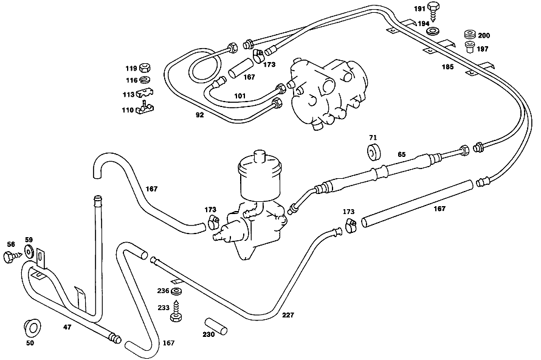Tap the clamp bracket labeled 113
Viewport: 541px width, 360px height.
(x=145, y=94)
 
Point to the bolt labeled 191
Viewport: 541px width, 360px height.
(x=433, y=10)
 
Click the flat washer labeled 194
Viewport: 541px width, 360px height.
(x=433, y=32)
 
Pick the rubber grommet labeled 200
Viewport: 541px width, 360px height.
(x=470, y=35)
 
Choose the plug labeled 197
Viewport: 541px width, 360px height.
(x=469, y=47)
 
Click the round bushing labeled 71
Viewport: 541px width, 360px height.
(x=373, y=153)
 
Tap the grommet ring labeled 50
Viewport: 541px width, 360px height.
(x=32, y=327)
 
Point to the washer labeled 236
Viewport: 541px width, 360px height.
(x=176, y=291)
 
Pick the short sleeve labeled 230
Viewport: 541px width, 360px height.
(x=216, y=326)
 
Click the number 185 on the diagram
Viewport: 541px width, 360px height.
(x=448, y=67)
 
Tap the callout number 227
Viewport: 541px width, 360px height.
(x=288, y=315)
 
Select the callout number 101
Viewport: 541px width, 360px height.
(x=239, y=95)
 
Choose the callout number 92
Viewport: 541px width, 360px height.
(x=200, y=115)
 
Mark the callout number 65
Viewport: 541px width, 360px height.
(x=402, y=154)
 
